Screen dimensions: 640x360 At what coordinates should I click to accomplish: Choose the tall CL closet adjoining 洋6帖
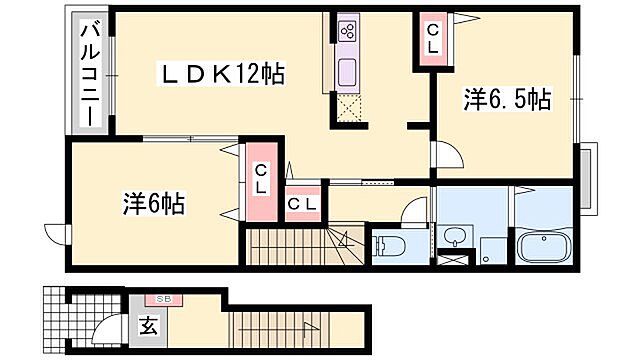click(260, 180)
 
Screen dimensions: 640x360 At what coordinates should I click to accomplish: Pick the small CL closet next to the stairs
click(303, 205)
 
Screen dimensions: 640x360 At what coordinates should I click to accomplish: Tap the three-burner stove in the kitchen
click(347, 30)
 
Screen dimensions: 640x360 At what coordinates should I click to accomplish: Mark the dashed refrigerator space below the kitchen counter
click(348, 108)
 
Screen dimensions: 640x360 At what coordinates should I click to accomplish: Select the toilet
click(388, 245)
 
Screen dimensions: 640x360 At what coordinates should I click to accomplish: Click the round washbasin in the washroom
click(455, 237)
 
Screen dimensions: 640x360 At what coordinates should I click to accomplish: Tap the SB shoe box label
click(161, 299)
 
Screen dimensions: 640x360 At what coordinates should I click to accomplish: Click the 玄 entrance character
click(147, 324)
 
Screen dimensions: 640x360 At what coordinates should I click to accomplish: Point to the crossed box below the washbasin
click(452, 263)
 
